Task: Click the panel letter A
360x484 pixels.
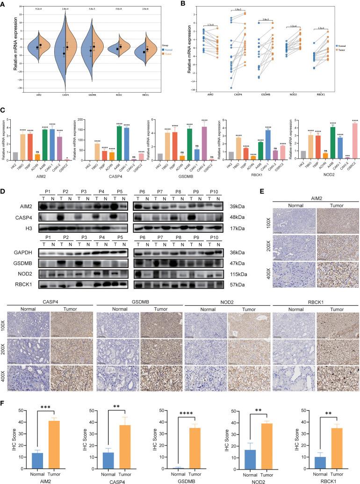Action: pyautogui.click(x=4, y=4)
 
